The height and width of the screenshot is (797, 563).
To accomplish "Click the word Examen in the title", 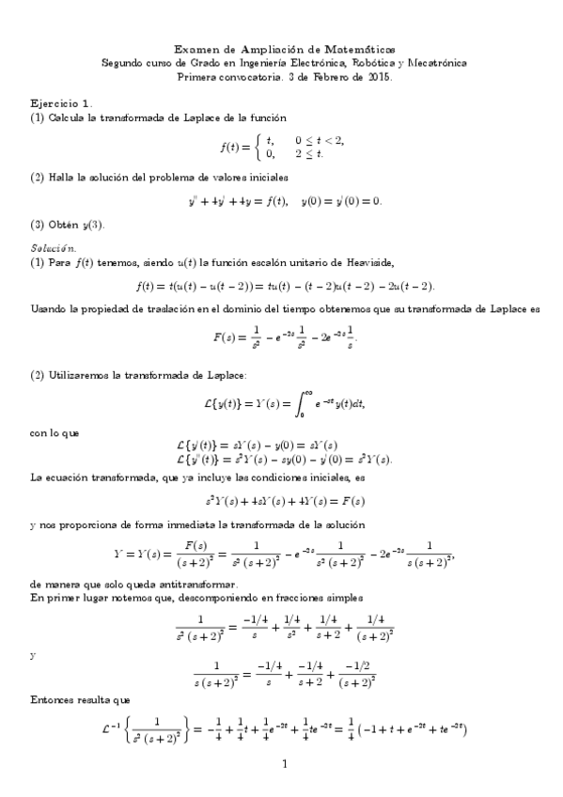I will point(196,49).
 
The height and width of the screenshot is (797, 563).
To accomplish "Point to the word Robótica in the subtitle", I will point(367,63).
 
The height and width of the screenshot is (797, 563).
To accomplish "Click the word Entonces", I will point(56,701).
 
